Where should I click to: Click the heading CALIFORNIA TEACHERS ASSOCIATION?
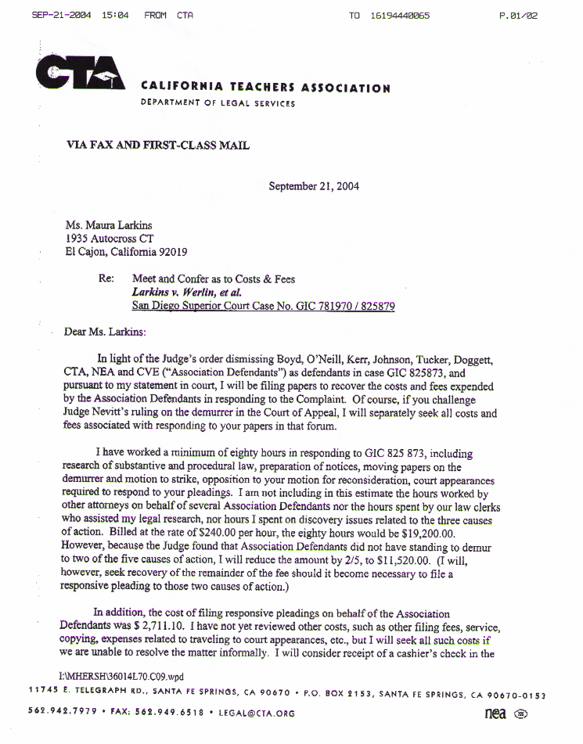click(265, 88)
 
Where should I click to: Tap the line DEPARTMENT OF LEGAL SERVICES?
click(218, 103)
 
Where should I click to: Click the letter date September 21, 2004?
click(314, 186)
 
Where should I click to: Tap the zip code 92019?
click(171, 252)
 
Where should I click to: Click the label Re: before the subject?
click(106, 279)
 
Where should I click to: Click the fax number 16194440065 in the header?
click(400, 16)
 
